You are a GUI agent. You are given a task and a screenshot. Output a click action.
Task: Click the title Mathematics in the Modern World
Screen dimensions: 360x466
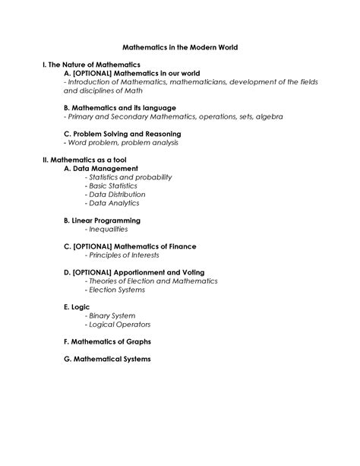coord(179,47)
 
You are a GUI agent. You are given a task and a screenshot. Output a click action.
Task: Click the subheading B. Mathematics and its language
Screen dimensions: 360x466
coord(120,108)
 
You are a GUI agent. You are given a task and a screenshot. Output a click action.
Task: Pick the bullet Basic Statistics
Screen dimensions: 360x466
coord(113,185)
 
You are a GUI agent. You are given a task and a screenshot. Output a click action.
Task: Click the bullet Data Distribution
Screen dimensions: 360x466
coord(118,195)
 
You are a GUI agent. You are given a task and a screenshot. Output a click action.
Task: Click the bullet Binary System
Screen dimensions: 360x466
coord(112,315)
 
